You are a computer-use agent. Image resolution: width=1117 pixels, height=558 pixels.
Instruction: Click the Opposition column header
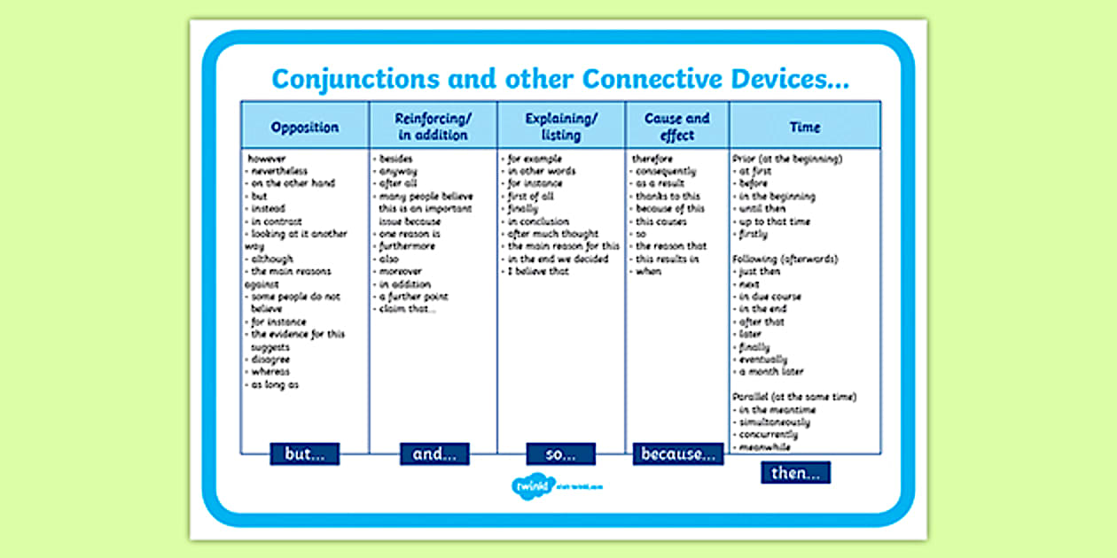point(305,127)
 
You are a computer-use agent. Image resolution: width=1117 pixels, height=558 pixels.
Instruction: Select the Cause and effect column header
point(677,127)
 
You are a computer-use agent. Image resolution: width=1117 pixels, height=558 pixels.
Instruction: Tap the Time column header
point(805,127)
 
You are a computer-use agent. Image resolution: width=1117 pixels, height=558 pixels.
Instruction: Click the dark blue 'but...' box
point(305,454)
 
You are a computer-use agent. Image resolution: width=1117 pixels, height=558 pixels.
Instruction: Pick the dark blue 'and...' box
point(434,454)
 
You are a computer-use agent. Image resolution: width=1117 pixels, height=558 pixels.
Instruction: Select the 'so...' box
point(560,454)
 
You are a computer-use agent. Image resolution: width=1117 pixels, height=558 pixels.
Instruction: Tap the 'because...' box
point(678,454)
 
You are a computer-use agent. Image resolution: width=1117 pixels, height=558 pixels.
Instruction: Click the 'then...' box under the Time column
point(795,473)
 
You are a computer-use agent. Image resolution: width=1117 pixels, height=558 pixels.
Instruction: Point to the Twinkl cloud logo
point(528,484)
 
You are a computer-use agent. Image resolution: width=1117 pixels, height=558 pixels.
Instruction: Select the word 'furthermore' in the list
point(407,246)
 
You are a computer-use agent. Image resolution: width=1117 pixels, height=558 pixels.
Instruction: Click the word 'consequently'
point(666,171)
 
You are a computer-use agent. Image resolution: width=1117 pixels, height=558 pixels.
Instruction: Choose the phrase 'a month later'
point(771,372)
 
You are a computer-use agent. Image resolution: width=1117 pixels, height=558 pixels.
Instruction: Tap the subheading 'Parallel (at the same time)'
point(794,398)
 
